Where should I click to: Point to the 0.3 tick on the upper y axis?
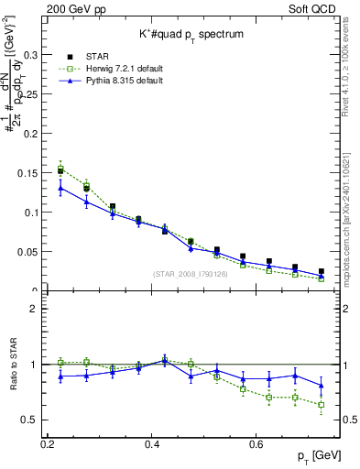coord(31,55)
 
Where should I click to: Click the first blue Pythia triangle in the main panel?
coord(60,189)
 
